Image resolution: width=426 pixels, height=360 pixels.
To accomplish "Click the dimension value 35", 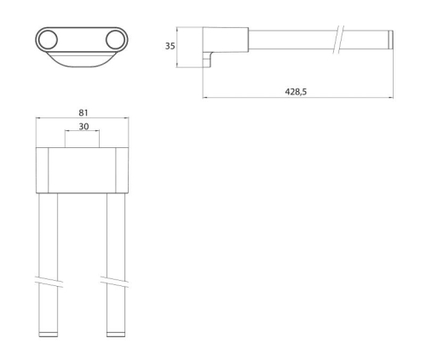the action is tap(170, 46).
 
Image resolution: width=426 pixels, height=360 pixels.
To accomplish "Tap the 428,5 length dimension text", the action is tap(296, 92).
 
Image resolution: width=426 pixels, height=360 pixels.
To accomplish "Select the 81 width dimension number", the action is tap(83, 112).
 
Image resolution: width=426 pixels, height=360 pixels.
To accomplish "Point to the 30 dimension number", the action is tap(83, 127).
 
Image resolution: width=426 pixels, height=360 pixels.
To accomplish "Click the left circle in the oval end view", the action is tap(48, 40).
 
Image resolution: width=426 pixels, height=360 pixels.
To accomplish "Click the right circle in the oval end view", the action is tap(115, 40).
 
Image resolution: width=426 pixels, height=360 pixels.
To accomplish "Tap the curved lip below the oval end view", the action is tap(82, 60).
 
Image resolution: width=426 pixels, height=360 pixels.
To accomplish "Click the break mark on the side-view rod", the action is tap(338, 39).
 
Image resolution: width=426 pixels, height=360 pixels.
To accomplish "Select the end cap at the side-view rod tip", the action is tap(391, 39).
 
